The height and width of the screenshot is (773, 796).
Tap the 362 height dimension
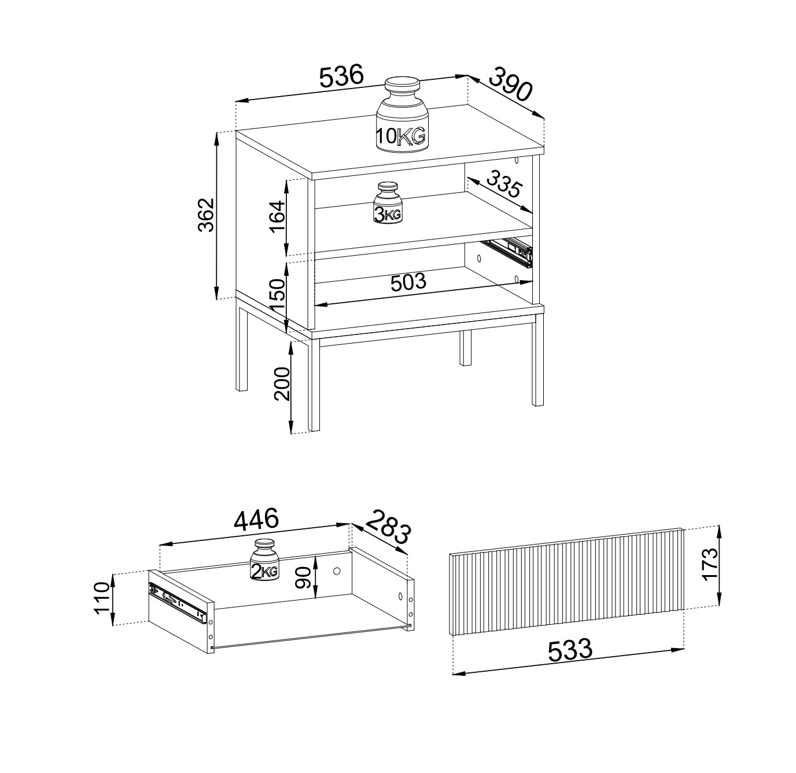click(x=206, y=215)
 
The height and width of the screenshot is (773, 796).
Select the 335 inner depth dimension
click(x=504, y=185)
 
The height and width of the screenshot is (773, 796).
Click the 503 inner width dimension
click(x=408, y=282)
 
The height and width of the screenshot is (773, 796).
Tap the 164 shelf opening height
click(x=278, y=216)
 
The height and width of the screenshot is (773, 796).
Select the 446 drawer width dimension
click(x=256, y=520)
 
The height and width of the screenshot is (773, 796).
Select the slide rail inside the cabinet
click(x=509, y=251)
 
